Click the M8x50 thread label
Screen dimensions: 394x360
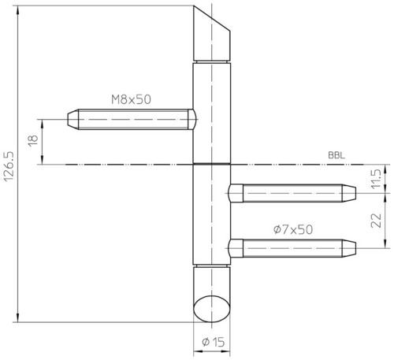point(131,100)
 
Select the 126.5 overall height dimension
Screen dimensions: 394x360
point(9,166)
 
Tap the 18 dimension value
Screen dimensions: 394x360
point(33,141)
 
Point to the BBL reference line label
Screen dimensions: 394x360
point(336,155)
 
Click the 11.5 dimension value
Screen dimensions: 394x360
point(376,179)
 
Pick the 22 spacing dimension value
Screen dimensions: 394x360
point(376,221)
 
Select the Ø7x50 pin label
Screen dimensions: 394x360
point(293,230)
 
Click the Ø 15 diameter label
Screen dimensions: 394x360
point(213,342)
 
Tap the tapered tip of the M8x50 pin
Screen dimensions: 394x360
point(73,119)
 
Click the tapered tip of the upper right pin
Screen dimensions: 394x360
point(349,193)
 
